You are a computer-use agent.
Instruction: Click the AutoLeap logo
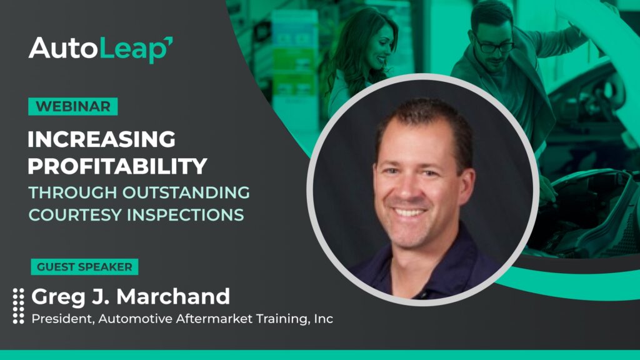click(x=101, y=49)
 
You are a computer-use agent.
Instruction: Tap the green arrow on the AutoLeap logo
click(x=168, y=41)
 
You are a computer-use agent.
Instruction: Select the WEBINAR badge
click(x=73, y=106)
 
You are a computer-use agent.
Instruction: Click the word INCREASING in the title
click(x=102, y=139)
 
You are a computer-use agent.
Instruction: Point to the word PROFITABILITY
click(x=117, y=166)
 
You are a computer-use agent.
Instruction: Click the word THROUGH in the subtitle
click(x=72, y=192)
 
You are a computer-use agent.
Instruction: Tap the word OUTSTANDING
click(x=186, y=192)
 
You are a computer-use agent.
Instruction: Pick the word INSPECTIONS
click(x=186, y=215)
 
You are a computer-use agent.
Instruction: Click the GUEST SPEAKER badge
click(x=84, y=267)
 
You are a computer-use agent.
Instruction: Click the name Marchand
click(x=173, y=296)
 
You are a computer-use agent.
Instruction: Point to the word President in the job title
click(x=63, y=319)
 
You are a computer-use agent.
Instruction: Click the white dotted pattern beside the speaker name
click(x=18, y=306)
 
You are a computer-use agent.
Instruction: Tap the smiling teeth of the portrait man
click(x=409, y=212)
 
